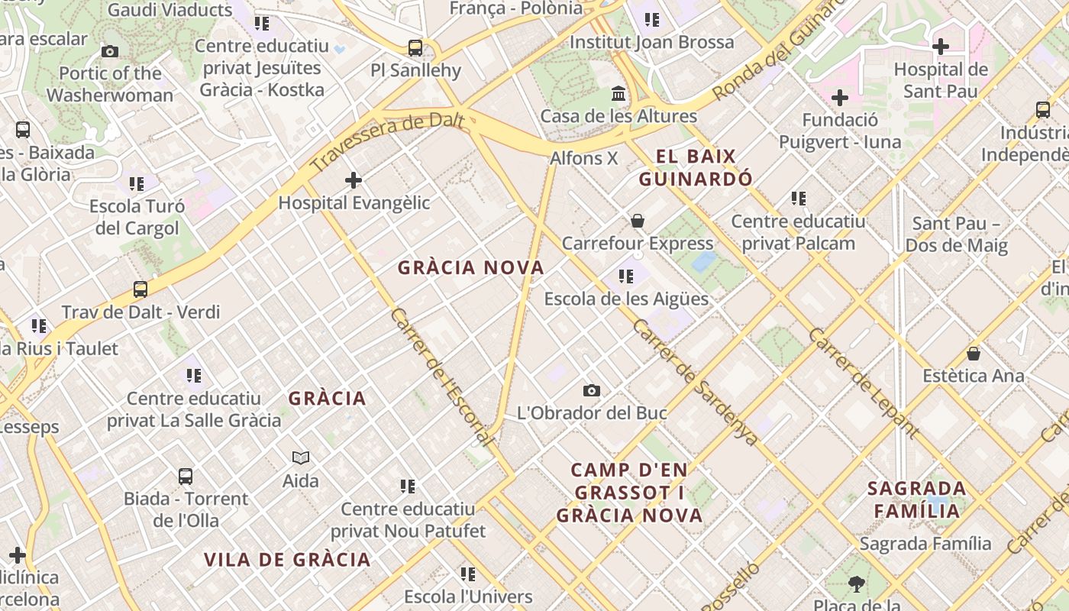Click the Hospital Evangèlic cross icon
[x=354, y=180]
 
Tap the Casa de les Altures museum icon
[x=618, y=94]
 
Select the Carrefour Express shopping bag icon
[x=638, y=221]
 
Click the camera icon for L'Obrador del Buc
[x=592, y=391]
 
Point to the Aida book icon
[x=301, y=458]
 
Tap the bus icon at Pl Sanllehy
[x=415, y=48]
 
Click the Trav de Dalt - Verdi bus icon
[x=140, y=289]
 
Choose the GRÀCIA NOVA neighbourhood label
[x=470, y=268]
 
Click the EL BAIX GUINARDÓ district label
[x=696, y=168]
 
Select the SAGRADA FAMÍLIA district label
[x=917, y=499]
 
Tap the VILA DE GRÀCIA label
[x=287, y=560]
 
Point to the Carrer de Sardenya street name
[x=695, y=382]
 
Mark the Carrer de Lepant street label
[x=863, y=382]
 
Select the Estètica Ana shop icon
[x=974, y=354]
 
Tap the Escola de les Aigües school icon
[x=626, y=276]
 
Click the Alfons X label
[x=584, y=159]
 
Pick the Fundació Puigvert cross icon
[x=840, y=98]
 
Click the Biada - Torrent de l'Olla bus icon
[x=186, y=477]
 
